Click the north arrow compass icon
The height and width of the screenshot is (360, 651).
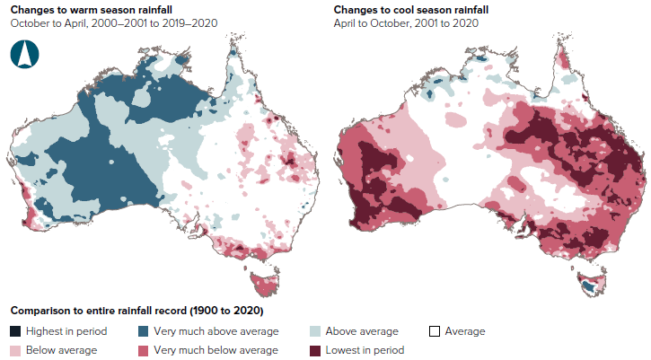[x=25, y=54]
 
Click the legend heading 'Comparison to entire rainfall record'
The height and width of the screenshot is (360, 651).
[x=136, y=312]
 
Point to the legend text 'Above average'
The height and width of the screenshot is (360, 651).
[x=361, y=331]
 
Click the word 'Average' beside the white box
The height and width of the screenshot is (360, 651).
[x=465, y=331]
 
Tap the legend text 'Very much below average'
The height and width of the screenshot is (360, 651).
[x=216, y=350]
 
